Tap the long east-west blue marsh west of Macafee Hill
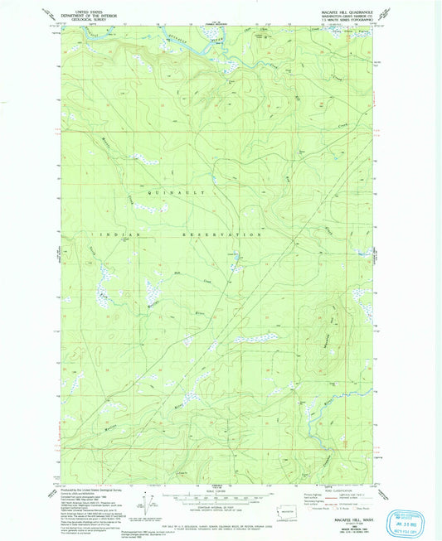tap(254, 338)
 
